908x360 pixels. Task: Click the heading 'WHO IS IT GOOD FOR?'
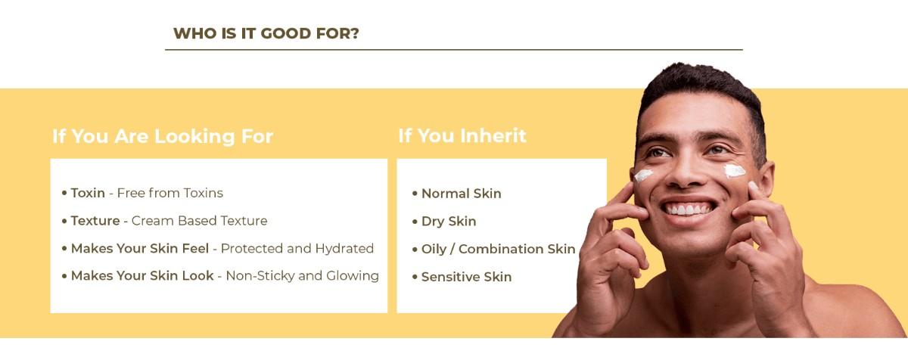tap(266, 33)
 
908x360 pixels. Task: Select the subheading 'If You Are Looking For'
tap(163, 136)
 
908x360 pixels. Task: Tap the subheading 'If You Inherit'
tap(462, 135)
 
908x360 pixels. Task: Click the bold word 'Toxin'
tap(88, 193)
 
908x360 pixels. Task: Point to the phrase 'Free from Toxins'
tap(169, 193)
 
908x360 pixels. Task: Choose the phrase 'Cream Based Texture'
tap(200, 221)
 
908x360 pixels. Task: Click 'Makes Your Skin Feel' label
tap(140, 248)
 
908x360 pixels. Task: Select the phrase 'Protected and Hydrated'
tap(297, 248)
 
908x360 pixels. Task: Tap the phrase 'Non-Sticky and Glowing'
tap(303, 276)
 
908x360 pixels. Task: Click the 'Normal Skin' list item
tap(462, 194)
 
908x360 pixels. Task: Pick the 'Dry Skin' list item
tap(449, 221)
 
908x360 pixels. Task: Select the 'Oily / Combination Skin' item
tap(498, 249)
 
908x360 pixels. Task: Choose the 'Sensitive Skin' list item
tap(466, 277)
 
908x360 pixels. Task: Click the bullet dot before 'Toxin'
tap(64, 193)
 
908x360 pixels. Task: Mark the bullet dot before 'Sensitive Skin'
tap(415, 277)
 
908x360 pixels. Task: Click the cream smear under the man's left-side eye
tap(643, 175)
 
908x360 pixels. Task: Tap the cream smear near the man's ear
tap(735, 171)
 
